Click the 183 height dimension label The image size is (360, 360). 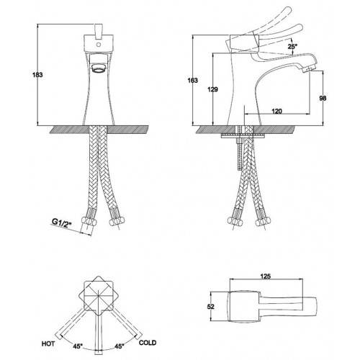(37, 75)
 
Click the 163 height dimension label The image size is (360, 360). (192, 80)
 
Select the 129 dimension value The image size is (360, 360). (212, 89)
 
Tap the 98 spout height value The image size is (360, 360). (323, 98)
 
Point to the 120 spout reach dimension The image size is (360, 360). (276, 111)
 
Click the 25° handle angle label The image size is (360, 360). (292, 46)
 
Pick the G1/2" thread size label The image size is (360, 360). (62, 223)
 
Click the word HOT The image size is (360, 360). (48, 343)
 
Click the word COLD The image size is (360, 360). (148, 343)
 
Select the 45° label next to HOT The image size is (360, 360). (78, 346)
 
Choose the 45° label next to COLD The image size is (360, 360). (120, 346)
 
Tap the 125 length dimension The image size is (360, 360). (266, 276)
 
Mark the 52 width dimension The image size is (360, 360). (211, 307)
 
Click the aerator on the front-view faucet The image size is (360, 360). (99, 68)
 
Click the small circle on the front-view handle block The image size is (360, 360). (98, 45)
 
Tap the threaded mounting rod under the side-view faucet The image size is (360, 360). (240, 148)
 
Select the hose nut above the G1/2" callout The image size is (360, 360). (89, 220)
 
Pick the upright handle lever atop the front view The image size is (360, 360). (99, 31)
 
